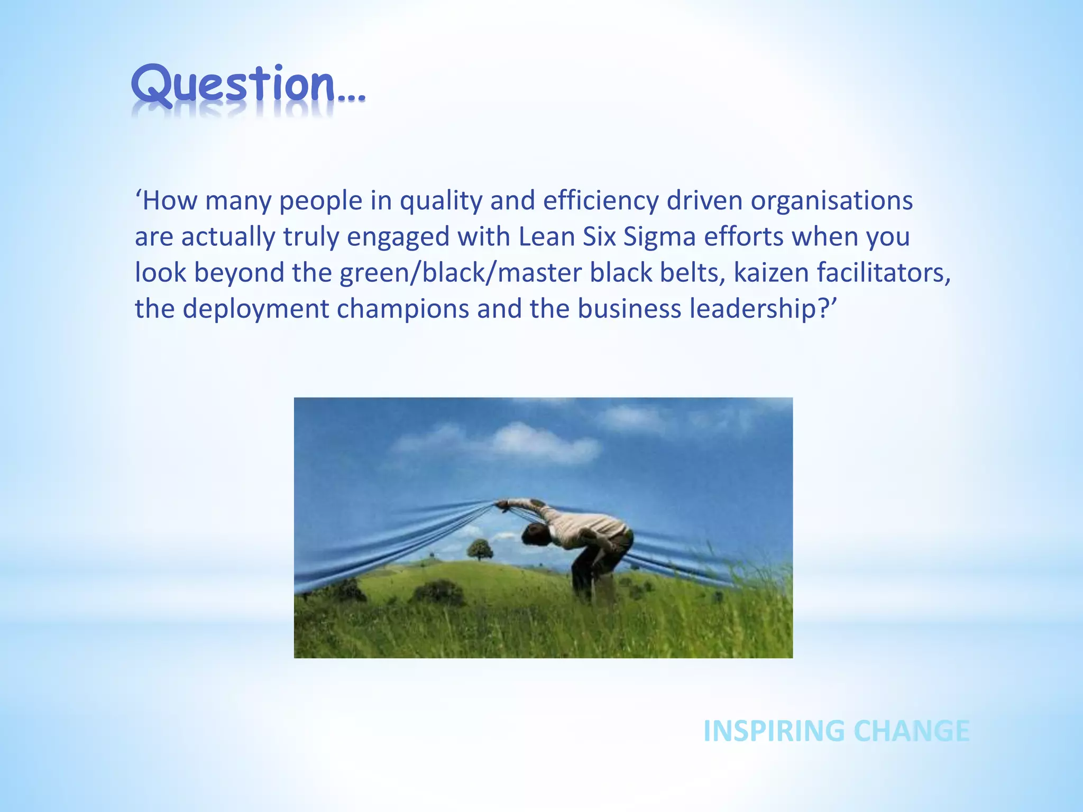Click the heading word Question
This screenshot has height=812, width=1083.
pos(233,85)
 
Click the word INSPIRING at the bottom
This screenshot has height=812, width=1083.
pos(774,731)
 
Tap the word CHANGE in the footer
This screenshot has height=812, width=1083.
pos(912,731)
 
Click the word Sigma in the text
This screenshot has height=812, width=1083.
pos(659,237)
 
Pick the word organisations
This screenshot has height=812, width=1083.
pos(831,201)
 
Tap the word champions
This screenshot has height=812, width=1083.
pos(402,309)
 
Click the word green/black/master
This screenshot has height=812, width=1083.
pos(460,273)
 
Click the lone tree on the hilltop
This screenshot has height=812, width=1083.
pos(480,549)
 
